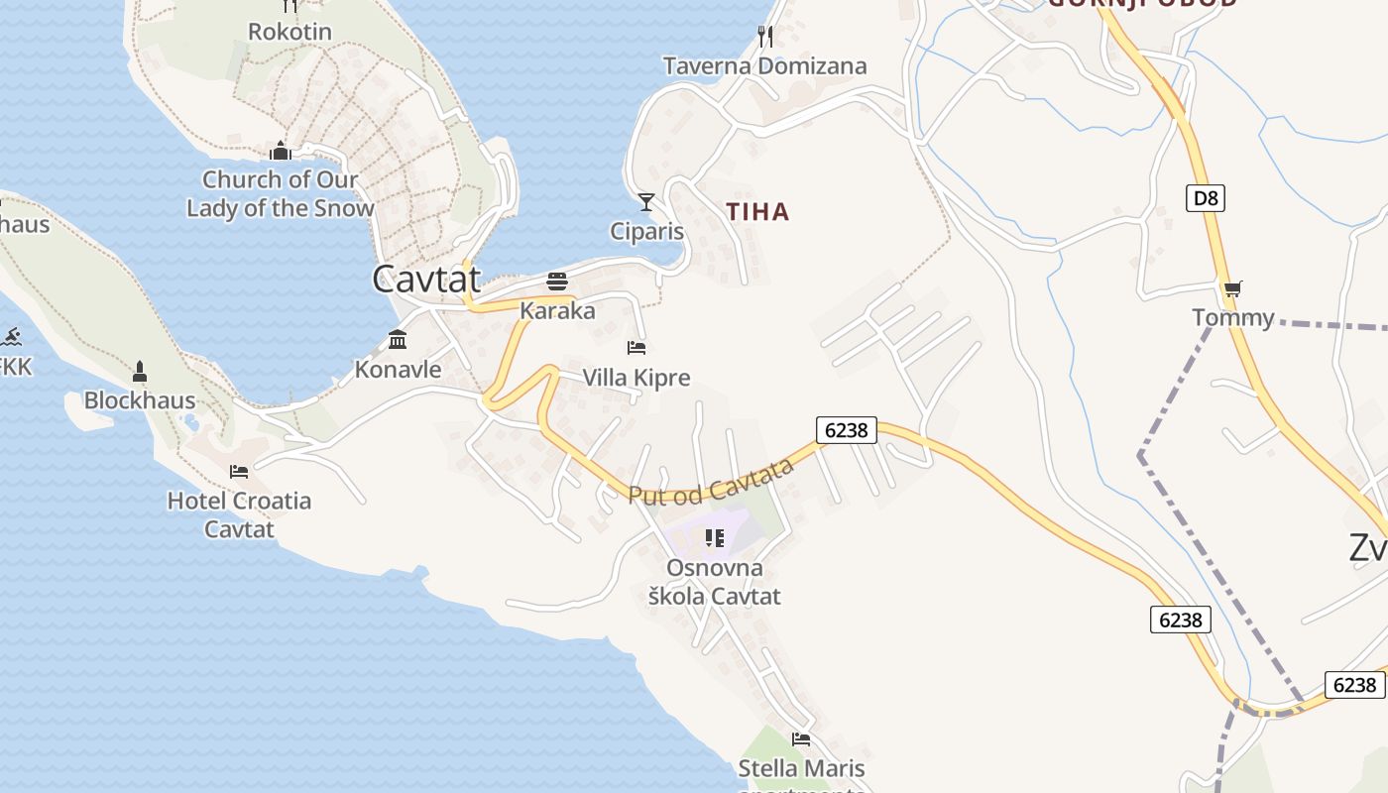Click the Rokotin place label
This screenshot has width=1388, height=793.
coord(289,31)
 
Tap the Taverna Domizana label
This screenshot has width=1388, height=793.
coord(764,66)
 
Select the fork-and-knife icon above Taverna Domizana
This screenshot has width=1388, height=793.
coord(764,37)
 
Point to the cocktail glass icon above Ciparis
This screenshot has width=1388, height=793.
coord(646,202)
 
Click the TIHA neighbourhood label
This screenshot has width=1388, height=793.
coord(757,211)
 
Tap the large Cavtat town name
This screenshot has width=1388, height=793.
coord(426,279)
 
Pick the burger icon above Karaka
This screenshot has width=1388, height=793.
coord(557,282)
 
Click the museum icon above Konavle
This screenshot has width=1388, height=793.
coord(398,340)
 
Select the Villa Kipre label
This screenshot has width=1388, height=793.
coord(636,378)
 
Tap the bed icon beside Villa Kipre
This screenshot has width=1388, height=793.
coord(636,348)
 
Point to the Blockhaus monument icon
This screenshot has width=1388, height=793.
coord(140,373)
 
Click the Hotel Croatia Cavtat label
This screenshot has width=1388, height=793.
coord(239,514)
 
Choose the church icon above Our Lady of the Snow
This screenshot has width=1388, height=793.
coord(281,151)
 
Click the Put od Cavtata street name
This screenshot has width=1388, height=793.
coord(712,481)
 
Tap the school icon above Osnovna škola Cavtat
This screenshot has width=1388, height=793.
coord(714,538)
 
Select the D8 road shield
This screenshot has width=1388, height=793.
coord(1205,198)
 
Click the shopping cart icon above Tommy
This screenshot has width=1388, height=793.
coord(1232,289)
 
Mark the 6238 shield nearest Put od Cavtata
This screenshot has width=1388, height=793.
coord(846,429)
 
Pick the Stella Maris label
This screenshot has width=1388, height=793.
coord(801,768)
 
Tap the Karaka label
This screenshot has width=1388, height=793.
coord(557,311)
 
